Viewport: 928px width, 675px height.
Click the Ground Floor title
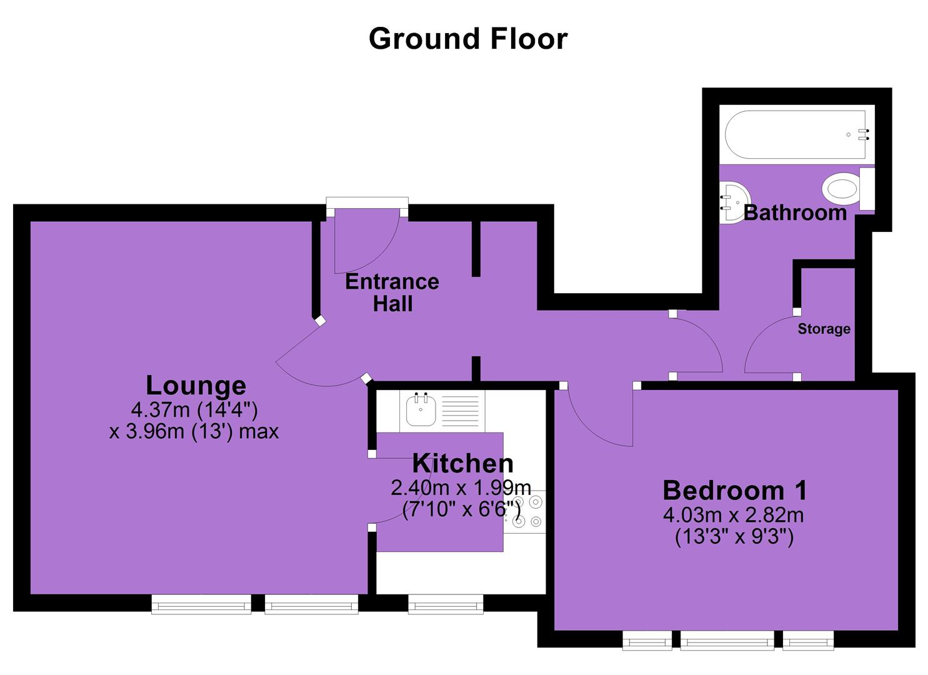click(467, 39)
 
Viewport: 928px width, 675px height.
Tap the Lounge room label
click(196, 386)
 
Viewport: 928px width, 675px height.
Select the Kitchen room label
click(463, 463)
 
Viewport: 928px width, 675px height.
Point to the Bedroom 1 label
click(735, 490)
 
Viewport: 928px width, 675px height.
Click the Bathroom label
click(795, 212)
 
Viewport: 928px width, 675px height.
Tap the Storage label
click(824, 329)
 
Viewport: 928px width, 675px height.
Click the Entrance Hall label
click(392, 292)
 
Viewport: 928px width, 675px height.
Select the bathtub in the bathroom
click(796, 134)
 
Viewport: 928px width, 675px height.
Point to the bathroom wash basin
click(735, 203)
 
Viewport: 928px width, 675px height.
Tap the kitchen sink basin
click(421, 410)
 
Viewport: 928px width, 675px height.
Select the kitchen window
click(446, 604)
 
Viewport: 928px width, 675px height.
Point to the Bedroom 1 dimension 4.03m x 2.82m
click(734, 515)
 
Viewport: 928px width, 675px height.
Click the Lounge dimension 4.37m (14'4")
click(194, 410)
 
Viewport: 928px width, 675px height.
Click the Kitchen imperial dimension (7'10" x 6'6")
click(461, 509)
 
